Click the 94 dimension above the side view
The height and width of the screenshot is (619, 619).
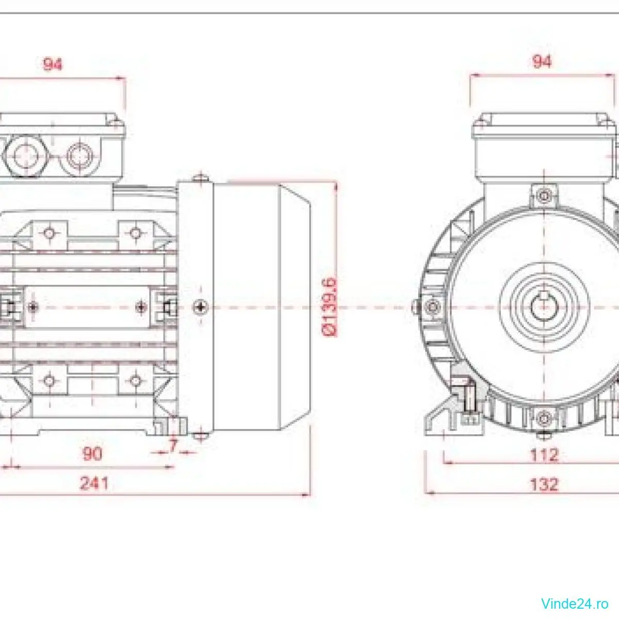53,64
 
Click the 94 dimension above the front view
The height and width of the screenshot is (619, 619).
542,62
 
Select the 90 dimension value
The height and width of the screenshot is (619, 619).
92,453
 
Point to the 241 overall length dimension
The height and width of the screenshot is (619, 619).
94,483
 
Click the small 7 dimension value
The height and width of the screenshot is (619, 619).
173,445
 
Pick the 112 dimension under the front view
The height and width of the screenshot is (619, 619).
544,454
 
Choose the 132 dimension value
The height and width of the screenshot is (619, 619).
544,484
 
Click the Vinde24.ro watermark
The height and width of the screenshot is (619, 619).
575,603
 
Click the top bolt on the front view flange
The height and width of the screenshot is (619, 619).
544,196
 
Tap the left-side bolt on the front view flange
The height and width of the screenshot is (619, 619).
432,307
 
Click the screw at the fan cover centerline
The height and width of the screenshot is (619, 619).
200,308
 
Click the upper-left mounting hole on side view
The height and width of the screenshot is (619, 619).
49,233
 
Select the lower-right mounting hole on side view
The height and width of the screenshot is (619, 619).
135,381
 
